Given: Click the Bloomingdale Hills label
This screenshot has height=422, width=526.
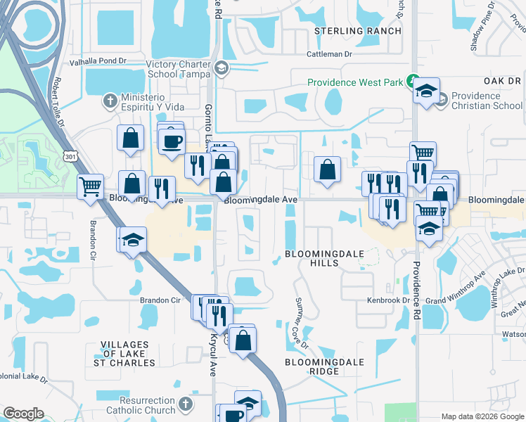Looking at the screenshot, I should click(312, 258).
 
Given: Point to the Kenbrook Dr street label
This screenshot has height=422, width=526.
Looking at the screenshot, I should click(387, 300).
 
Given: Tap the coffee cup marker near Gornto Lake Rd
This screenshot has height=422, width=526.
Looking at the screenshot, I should click(171, 141).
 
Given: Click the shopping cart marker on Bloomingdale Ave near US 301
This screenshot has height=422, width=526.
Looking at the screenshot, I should click(91, 186).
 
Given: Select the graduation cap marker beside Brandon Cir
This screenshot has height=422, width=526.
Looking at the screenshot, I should click(132, 238).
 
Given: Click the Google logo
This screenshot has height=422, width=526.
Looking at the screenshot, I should click(24, 414).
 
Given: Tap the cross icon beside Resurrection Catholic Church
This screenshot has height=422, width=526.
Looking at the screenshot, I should click(185, 404).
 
